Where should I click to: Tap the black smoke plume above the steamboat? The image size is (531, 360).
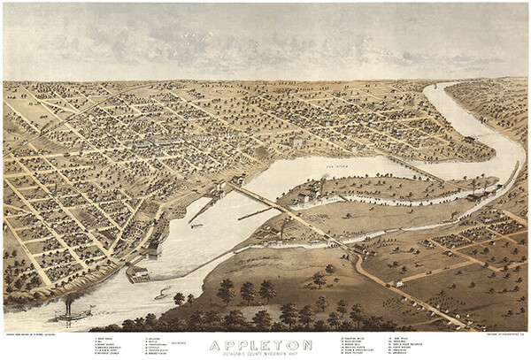coord(69,299)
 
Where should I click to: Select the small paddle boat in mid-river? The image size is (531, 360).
coord(164,293)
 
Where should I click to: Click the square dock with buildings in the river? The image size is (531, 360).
coord(137,274)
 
